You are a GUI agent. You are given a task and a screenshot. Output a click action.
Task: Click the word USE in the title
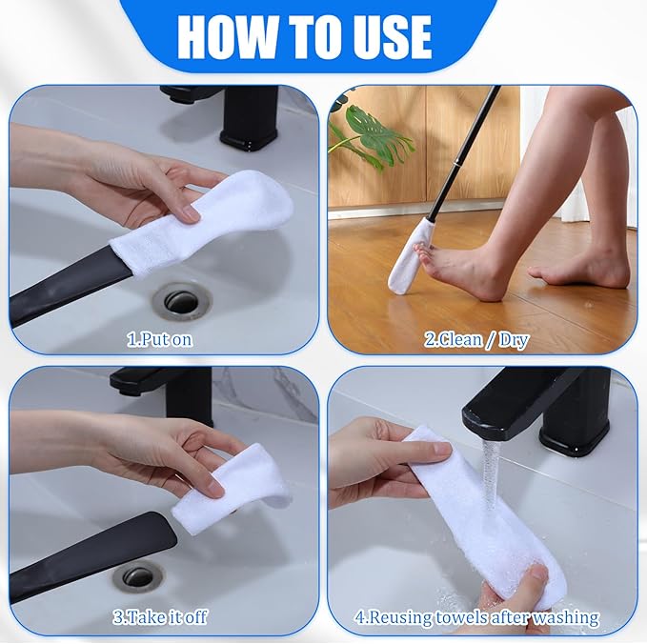coord(380,36)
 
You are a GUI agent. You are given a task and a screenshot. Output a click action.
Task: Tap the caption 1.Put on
coord(160,338)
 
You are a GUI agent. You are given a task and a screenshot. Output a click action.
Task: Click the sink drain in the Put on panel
coord(180,300)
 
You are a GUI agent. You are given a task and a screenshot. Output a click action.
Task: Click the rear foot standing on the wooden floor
coord(581,268)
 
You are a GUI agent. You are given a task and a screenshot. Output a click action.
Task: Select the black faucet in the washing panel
coord(543,400)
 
